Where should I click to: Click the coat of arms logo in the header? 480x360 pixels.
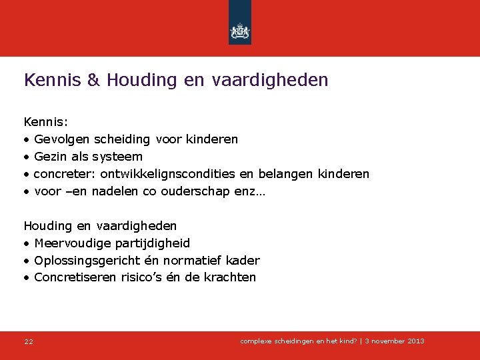click(x=239, y=31)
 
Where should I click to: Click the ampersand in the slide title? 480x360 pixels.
click(x=94, y=81)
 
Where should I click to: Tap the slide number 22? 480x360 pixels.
click(x=29, y=342)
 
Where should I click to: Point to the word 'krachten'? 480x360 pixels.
click(x=232, y=277)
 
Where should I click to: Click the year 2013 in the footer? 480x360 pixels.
click(x=414, y=341)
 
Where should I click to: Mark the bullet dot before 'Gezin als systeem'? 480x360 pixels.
click(x=27, y=157)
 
